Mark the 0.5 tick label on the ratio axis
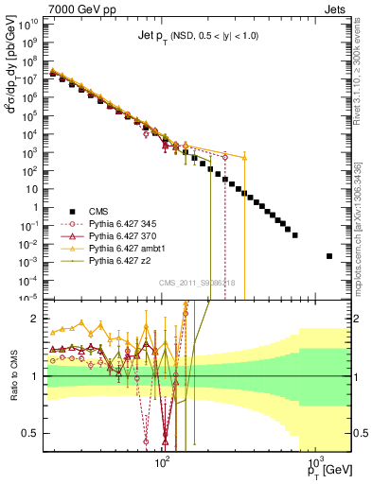(33, 433)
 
